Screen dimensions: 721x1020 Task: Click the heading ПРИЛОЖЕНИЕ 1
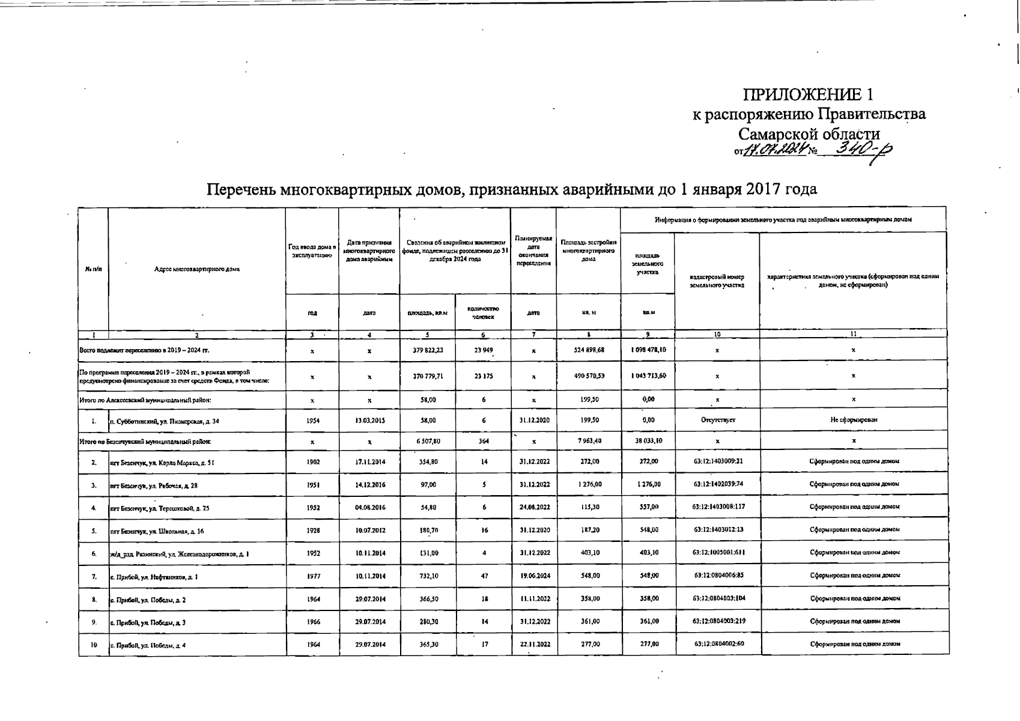tap(808, 94)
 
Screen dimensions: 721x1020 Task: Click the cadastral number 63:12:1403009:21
tap(718, 462)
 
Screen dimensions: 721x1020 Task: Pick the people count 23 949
tap(484, 350)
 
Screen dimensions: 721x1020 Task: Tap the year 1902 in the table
tap(312, 462)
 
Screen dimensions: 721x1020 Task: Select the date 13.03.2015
tap(369, 421)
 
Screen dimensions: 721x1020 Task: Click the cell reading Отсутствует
tap(718, 421)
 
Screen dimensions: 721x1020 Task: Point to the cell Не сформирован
tap(854, 421)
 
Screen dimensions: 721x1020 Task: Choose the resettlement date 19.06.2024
tap(533, 576)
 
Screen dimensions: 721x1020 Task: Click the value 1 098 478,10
tap(648, 350)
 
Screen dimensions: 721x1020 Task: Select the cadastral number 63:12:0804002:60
tap(718, 643)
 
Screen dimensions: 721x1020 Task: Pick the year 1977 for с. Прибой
tap(312, 576)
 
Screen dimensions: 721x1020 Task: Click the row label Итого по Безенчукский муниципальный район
tap(145, 442)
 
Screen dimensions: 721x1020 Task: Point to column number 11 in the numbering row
tap(854, 333)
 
